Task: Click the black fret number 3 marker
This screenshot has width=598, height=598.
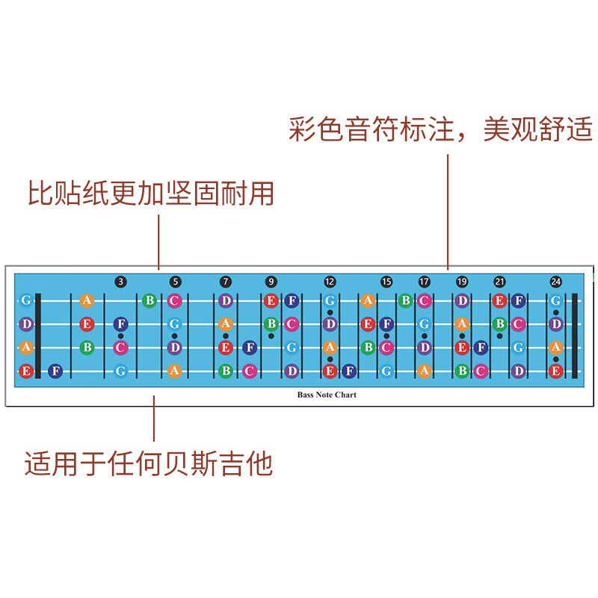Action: [121, 282]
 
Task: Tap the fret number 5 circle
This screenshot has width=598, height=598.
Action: [175, 282]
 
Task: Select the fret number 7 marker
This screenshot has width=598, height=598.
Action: [226, 282]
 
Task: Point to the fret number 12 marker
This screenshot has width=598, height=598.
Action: [330, 282]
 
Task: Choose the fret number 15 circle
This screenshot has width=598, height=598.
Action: [386, 282]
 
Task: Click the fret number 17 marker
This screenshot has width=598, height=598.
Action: [424, 282]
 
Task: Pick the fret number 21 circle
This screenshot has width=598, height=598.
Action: [499, 282]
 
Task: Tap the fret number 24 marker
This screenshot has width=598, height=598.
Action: [555, 282]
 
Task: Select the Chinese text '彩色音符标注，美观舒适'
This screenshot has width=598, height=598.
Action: [441, 129]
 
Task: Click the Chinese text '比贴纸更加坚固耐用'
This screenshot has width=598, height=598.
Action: [151, 193]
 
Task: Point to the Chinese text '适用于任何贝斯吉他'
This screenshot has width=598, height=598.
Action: [149, 464]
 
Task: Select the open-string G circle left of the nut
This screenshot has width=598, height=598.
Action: [26, 300]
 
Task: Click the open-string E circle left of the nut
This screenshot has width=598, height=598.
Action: [26, 370]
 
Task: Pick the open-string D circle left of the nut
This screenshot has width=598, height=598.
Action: [26, 324]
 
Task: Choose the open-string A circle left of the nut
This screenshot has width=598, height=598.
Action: [26, 347]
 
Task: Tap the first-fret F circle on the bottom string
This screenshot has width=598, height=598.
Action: [55, 370]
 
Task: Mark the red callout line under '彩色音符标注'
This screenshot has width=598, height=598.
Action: [448, 209]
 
